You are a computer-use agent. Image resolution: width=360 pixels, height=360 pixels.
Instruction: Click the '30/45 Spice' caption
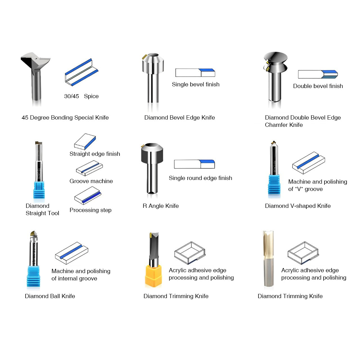pyautogui.click(x=81, y=96)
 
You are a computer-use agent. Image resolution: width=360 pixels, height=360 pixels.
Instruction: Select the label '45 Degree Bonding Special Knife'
pyautogui.click(x=65, y=118)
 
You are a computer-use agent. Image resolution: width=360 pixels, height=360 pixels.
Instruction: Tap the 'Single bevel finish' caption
pyautogui.click(x=195, y=84)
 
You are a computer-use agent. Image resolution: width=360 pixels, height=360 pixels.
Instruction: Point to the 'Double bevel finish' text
pyautogui.click(x=318, y=86)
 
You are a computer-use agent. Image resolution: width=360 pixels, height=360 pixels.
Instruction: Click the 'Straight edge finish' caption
pyautogui.click(x=95, y=154)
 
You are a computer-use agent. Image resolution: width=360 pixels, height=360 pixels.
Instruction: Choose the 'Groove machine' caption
pyautogui.click(x=91, y=181)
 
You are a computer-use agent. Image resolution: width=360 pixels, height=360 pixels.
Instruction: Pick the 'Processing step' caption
pyautogui.click(x=90, y=210)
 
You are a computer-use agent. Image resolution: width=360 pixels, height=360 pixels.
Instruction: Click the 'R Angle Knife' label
pyautogui.click(x=161, y=206)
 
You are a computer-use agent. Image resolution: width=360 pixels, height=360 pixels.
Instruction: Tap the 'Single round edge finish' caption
pyautogui.click(x=201, y=178)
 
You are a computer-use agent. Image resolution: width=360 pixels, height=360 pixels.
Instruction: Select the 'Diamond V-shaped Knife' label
pyautogui.click(x=298, y=206)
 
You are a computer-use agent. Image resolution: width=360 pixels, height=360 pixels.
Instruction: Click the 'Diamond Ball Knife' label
pyautogui.click(x=50, y=296)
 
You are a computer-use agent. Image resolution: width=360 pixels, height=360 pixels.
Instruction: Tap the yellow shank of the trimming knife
pyautogui.click(x=153, y=276)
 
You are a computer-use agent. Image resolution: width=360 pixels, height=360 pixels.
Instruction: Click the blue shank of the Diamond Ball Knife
pyautogui.click(x=33, y=276)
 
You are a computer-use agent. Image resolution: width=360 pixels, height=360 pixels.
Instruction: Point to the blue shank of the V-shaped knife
pyautogui.click(x=274, y=184)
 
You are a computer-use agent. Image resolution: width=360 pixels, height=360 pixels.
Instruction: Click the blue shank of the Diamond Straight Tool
pyautogui.click(x=39, y=190)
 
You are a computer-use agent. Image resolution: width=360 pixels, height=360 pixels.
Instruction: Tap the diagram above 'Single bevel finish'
pyautogui.click(x=195, y=73)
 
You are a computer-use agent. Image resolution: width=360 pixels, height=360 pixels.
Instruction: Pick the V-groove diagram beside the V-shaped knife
pyautogui.click(x=309, y=163)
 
